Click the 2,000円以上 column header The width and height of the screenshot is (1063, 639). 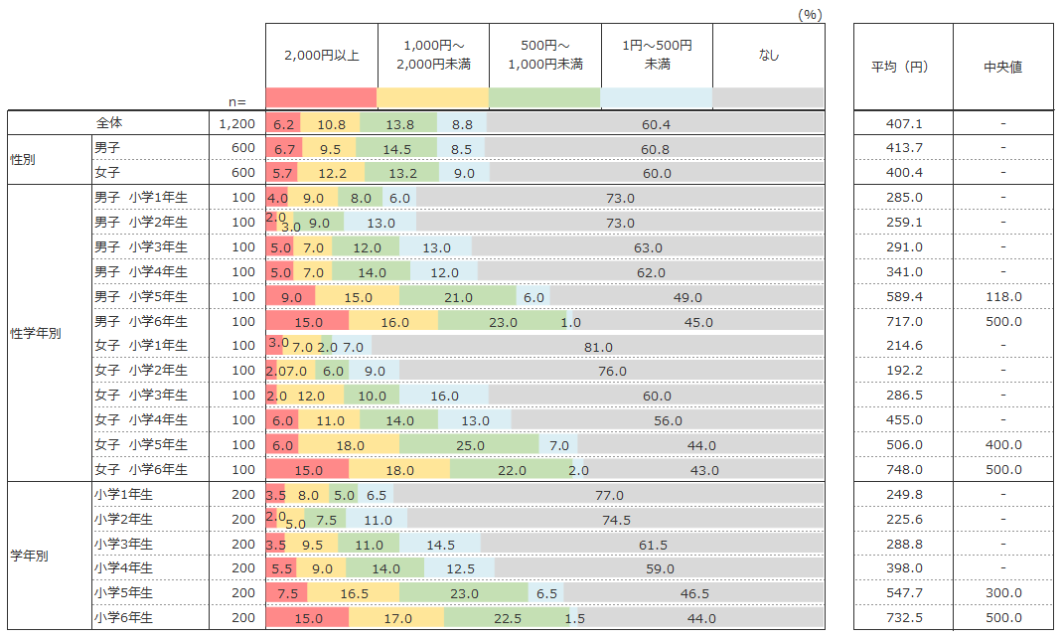coord(321,55)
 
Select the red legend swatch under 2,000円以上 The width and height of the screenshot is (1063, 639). coord(321,97)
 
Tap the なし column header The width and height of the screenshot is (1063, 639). coord(768,56)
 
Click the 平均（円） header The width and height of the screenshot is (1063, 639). coord(903,68)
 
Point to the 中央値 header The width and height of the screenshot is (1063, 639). coord(1002,68)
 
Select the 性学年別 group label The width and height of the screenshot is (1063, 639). coord(36,333)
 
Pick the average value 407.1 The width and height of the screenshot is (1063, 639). coord(903,124)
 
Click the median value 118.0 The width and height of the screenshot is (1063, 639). coord(1002,297)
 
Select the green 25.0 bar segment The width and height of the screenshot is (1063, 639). coord(469,445)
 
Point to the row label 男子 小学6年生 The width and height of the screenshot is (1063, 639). coord(140,321)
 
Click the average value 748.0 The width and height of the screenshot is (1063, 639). coord(903,470)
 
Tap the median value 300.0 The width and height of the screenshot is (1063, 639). coord(1002,593)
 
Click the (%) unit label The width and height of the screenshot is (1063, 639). coord(811,14)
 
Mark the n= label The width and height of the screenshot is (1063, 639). coord(237,101)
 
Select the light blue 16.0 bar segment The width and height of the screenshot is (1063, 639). coord(444,396)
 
